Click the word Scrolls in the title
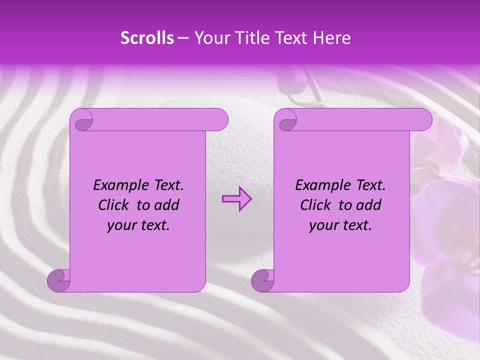click(x=147, y=38)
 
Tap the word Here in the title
click(x=331, y=38)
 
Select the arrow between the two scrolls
click(x=236, y=199)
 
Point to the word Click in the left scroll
click(x=114, y=205)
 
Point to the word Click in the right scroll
click(x=316, y=205)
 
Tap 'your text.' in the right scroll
click(x=340, y=225)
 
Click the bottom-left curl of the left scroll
click(x=58, y=280)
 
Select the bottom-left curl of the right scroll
click(x=262, y=280)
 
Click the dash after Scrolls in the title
click(x=183, y=38)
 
